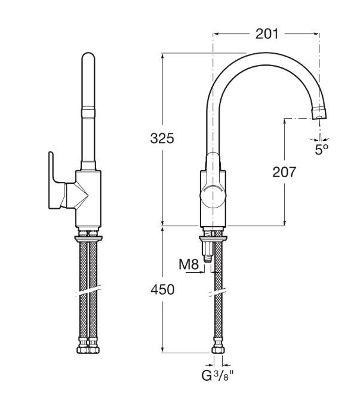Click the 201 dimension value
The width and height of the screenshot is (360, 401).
pos(267,34)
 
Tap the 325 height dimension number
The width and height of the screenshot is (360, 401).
pos(162,138)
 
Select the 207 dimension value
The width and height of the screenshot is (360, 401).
pos(284,172)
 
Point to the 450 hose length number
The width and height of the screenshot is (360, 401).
pos(162,290)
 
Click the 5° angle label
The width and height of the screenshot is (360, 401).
pos(321,149)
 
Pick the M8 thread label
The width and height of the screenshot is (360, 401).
pos(189,264)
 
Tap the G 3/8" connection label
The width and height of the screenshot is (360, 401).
pos(217,375)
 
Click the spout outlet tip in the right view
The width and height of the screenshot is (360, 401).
pos(319,114)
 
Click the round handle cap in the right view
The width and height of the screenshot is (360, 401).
pos(213,195)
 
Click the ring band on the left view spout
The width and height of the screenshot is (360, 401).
pos(88,113)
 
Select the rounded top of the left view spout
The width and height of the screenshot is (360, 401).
pos(88,57)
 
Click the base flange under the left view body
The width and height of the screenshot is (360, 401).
pos(88,239)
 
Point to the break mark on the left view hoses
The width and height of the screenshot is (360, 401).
pos(88,291)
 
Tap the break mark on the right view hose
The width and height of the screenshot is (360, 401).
pos(218,292)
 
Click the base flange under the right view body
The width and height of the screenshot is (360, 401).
pos(213,239)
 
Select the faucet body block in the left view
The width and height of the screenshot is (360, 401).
pos(88,199)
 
